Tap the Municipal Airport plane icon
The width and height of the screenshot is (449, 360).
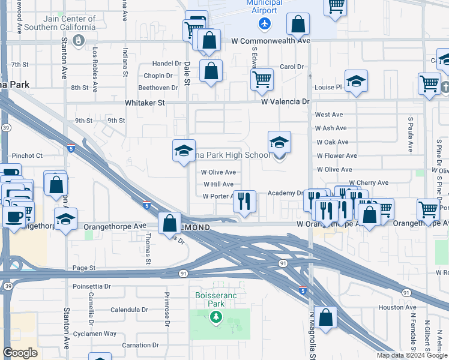tap(264, 23)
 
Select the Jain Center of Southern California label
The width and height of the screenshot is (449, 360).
tap(61, 23)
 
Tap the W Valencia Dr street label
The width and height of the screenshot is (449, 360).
tap(285, 101)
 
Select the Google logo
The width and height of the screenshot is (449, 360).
tap(20, 353)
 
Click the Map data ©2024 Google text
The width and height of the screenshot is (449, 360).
tap(411, 355)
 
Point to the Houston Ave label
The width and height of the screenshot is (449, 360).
tap(394, 307)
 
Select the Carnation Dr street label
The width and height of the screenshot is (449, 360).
tap(140, 346)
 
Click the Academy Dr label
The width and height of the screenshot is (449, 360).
tap(285, 193)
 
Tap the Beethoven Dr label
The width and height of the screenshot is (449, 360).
tap(158, 88)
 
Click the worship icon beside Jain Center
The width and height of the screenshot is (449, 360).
tap(78, 40)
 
